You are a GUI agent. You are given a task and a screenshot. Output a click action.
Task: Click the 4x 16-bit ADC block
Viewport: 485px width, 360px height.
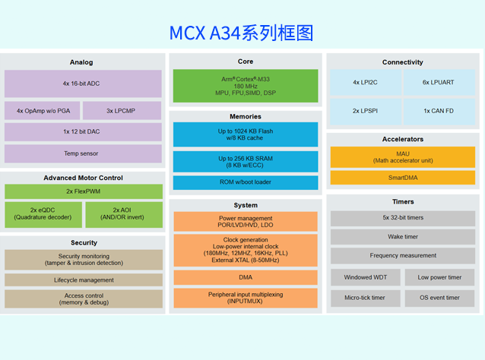(83, 84)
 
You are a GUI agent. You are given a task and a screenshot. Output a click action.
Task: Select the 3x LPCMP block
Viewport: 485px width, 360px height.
(120, 111)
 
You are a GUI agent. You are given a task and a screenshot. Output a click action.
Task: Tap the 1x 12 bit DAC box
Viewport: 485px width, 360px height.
(83, 132)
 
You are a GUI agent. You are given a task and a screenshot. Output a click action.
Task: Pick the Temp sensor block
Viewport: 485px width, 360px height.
(83, 153)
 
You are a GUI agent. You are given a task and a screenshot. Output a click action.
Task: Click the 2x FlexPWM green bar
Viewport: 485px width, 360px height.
(83, 191)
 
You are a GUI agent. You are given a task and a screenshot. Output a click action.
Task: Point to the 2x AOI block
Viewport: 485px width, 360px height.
(122, 214)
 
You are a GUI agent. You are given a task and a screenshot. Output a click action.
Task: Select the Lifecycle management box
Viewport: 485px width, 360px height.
(83, 279)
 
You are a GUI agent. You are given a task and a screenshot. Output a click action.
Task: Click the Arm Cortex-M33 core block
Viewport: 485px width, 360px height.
(245, 85)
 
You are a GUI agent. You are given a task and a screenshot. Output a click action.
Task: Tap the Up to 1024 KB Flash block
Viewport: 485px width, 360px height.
(245, 134)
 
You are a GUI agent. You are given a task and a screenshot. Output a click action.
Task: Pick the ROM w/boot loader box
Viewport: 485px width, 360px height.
(245, 182)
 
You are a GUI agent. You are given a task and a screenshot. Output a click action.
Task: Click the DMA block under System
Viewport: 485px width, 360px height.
(245, 276)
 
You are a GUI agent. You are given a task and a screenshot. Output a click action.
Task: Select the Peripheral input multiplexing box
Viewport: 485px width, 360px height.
(245, 298)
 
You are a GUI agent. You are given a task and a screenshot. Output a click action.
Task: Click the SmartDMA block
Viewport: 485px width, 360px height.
(403, 178)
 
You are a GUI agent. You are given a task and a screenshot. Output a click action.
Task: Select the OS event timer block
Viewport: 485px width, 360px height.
(441, 298)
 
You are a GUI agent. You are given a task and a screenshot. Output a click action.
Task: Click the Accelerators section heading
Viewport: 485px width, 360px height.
(403, 140)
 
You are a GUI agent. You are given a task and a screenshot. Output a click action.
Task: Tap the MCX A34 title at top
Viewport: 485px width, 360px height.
(241, 33)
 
